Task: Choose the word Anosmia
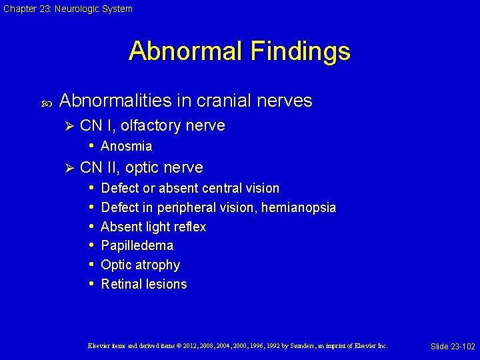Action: (126, 146)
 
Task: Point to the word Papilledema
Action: (137, 245)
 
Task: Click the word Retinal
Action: (121, 284)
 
